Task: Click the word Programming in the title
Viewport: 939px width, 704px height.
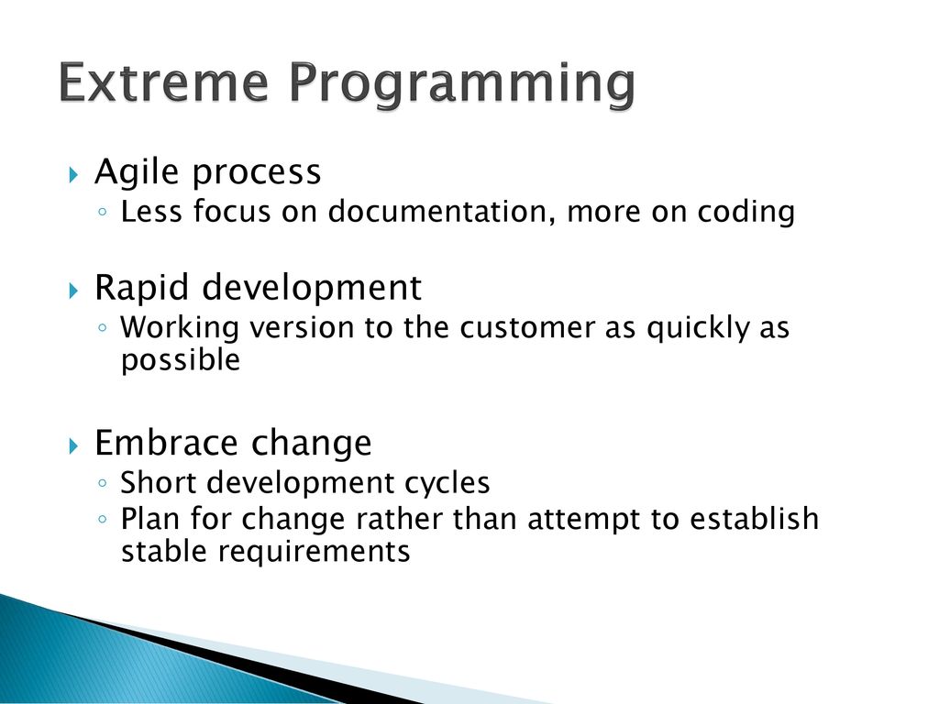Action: (x=462, y=86)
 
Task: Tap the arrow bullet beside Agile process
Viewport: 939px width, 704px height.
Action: (x=73, y=175)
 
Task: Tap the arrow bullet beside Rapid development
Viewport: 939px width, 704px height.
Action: (x=73, y=291)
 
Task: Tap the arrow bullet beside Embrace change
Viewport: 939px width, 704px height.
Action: (x=73, y=446)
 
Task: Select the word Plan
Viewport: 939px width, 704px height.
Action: (x=150, y=519)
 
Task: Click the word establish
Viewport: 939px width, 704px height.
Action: (x=754, y=519)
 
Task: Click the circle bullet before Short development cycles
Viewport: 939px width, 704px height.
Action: (x=103, y=482)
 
